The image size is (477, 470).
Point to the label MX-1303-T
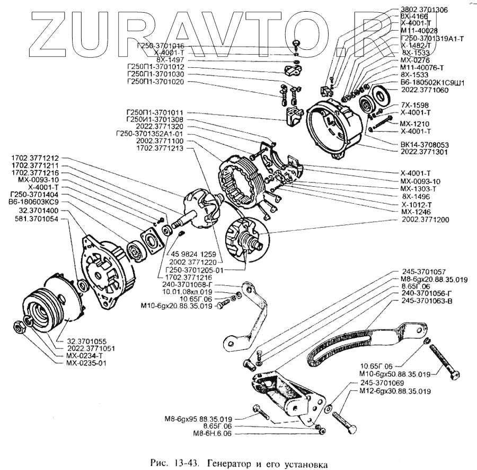pyautogui.click(x=418, y=188)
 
